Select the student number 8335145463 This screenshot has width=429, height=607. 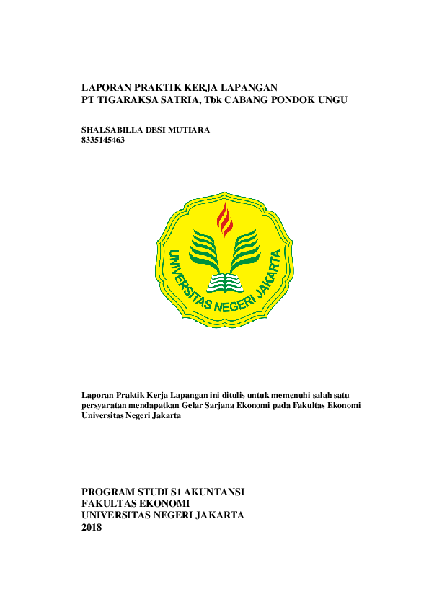pos(105,141)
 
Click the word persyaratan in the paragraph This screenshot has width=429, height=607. pos(107,405)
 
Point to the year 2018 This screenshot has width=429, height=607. pos(92,527)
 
